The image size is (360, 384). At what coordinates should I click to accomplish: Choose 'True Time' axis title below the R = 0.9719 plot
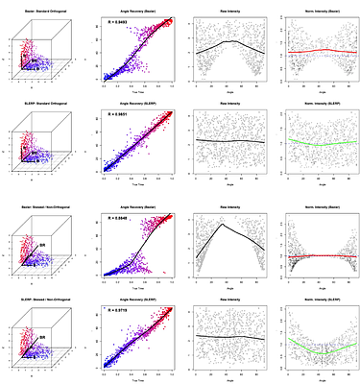(136, 379)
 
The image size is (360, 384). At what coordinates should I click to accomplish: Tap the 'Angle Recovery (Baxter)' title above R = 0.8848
(136, 206)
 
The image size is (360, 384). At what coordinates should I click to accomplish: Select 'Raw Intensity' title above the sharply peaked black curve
(224, 206)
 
